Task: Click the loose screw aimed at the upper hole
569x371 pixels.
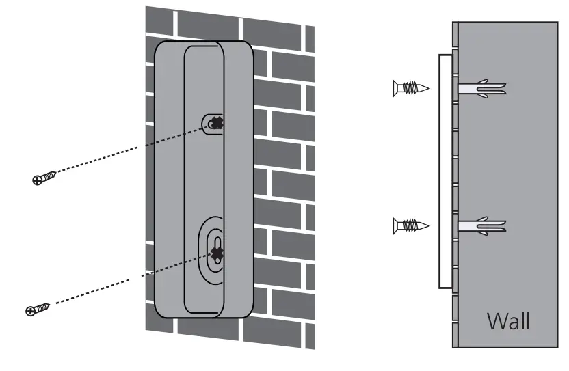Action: pyautogui.click(x=44, y=178)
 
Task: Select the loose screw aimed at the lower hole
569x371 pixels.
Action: pyautogui.click(x=38, y=309)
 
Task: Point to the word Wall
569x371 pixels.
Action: pyautogui.click(x=507, y=320)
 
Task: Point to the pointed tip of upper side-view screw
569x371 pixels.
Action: pyautogui.click(x=427, y=88)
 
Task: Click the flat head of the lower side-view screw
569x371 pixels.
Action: pyautogui.click(x=396, y=225)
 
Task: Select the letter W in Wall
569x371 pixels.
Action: pyautogui.click(x=496, y=320)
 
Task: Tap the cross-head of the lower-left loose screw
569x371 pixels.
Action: pyautogui.click(x=30, y=311)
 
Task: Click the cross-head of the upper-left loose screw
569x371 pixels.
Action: pyautogui.click(x=37, y=180)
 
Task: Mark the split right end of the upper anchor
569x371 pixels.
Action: pyautogui.click(x=501, y=88)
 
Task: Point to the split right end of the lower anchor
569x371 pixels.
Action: pyautogui.click(x=501, y=225)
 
